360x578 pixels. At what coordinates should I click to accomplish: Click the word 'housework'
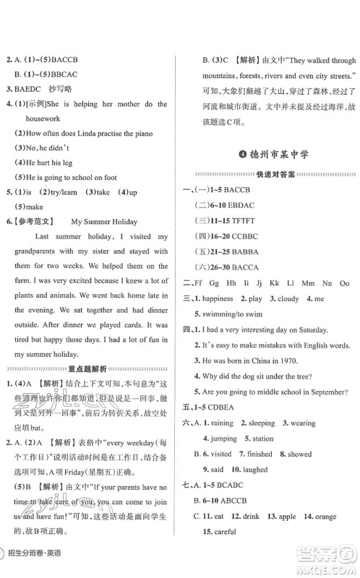point(40,117)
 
